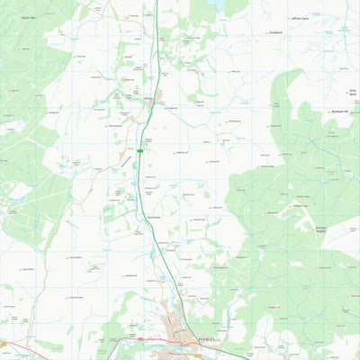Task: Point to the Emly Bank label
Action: click(352, 91)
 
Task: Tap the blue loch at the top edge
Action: click(219, 4)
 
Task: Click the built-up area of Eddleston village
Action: click(157, 95)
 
